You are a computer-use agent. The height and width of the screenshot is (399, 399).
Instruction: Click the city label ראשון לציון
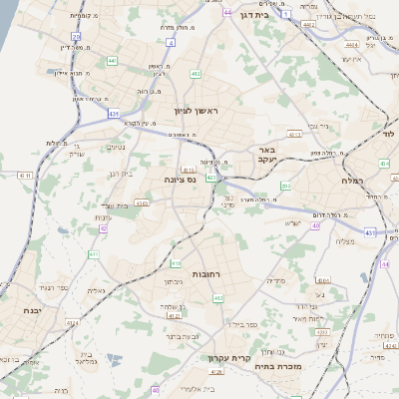(x=195, y=111)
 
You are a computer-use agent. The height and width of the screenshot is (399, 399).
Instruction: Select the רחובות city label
(x=207, y=271)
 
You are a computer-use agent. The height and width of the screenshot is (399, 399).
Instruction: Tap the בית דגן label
(x=284, y=16)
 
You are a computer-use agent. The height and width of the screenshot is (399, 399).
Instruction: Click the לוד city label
(x=389, y=133)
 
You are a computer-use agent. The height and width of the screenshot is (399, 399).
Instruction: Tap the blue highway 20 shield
(x=76, y=36)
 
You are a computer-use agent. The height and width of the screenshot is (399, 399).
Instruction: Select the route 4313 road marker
(x=142, y=202)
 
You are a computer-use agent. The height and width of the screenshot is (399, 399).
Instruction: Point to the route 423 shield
(x=211, y=178)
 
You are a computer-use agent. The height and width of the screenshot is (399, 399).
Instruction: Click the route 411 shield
(x=93, y=254)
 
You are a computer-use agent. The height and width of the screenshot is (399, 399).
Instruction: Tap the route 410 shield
(x=176, y=264)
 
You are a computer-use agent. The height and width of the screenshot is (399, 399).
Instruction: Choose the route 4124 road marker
(x=174, y=316)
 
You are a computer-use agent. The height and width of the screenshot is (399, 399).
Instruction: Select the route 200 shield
(x=285, y=186)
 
